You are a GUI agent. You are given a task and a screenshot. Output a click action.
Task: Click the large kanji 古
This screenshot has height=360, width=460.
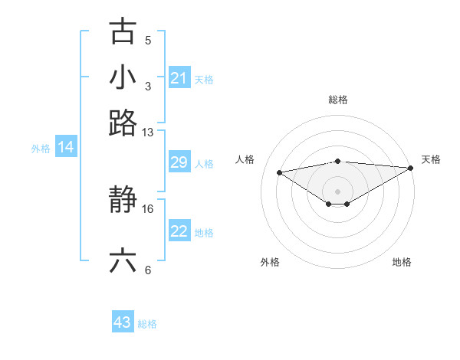tap(123, 32)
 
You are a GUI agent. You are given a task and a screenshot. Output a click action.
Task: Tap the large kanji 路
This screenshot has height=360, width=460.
tap(123, 123)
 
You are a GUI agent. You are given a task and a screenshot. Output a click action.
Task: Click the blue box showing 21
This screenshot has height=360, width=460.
tap(179, 78)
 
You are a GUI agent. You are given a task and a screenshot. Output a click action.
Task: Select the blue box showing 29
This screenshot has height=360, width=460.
tap(179, 162)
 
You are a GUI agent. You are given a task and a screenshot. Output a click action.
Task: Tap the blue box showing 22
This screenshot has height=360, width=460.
tap(179, 231)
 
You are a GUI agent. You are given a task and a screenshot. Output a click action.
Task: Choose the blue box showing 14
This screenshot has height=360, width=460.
tap(66, 148)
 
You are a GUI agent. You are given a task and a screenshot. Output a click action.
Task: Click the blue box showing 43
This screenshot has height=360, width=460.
tap(123, 322)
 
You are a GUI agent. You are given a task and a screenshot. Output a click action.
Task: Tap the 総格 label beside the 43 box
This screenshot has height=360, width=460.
tap(147, 324)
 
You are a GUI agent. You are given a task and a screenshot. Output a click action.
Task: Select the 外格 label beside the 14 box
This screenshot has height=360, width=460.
tap(41, 149)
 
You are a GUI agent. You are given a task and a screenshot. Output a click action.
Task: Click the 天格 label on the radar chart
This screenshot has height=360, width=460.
tap(431, 159)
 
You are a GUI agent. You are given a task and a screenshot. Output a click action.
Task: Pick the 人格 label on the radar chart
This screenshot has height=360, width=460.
tap(245, 159)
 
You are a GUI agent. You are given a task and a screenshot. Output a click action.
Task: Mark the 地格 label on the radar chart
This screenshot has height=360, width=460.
tap(402, 262)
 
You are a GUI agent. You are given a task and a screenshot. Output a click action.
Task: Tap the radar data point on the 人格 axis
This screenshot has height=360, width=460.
tap(279, 172)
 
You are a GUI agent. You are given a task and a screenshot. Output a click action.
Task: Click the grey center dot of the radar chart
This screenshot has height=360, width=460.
tap(337, 191)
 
